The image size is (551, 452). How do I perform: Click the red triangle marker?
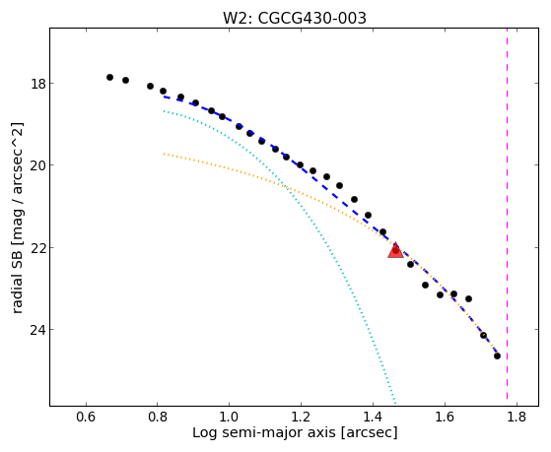[x=395, y=251]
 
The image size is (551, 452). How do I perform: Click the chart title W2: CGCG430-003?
[x=295, y=19]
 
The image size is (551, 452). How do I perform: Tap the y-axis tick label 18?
[x=38, y=85]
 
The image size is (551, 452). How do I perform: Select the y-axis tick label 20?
[x=38, y=165]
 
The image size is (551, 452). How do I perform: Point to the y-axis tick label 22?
[x=38, y=248]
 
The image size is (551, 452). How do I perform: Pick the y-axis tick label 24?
[x=38, y=330]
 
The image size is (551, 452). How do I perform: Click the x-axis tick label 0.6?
[x=86, y=417]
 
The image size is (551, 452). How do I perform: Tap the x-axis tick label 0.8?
[x=158, y=417]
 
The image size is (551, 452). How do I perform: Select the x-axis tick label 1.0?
[x=229, y=417]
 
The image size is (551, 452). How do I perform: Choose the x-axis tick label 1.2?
[x=301, y=417]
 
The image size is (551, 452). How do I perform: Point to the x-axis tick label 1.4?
[x=373, y=417]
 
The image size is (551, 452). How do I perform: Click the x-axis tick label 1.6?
[x=445, y=417]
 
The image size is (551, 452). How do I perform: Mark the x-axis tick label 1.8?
[x=517, y=417]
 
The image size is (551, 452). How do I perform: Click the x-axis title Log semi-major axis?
[x=264, y=433]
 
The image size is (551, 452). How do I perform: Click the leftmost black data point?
[x=109, y=77]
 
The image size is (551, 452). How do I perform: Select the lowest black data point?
[x=497, y=356]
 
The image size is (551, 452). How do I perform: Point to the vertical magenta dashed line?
[x=507, y=214]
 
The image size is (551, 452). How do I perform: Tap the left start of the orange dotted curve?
[x=164, y=154]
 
